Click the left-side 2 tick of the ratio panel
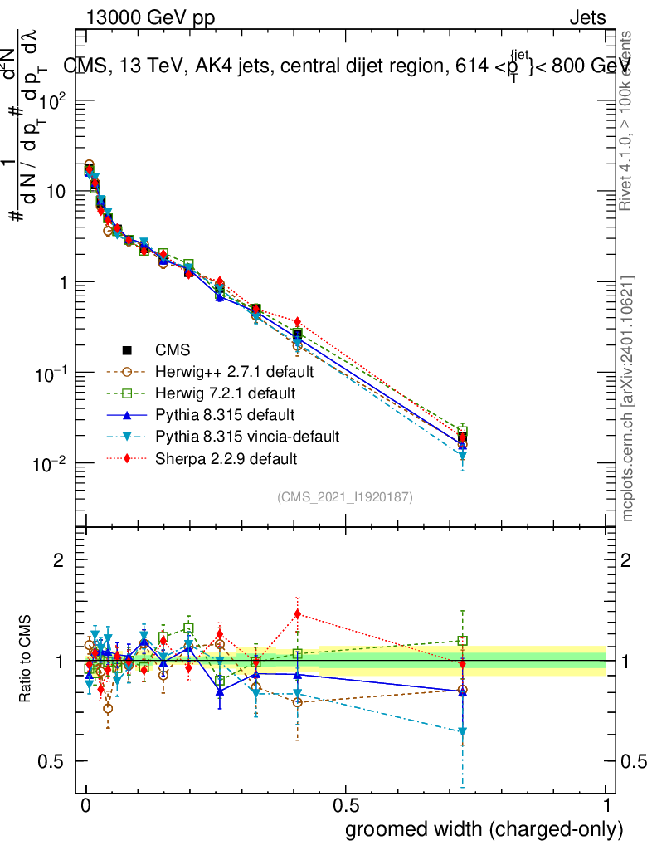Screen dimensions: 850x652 pos(58,560)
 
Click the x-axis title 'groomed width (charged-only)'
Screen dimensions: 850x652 pos(484,829)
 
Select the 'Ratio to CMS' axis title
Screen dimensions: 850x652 pos(27,661)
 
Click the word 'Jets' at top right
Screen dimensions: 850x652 pos(587,17)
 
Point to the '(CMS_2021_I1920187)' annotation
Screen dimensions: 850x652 pos(345,497)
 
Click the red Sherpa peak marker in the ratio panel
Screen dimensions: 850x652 pos(297,614)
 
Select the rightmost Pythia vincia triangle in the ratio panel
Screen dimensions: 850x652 pos(462,731)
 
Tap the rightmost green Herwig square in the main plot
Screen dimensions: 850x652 pos(462,431)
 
